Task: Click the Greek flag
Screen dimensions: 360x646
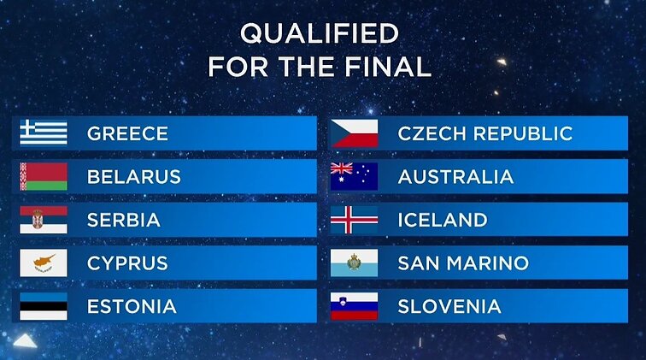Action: pos(44,133)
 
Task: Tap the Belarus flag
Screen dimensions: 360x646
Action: pos(44,176)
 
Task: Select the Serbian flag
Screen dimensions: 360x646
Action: pos(44,220)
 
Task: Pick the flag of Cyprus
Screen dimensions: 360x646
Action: pos(44,263)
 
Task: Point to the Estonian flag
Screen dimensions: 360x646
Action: pos(44,306)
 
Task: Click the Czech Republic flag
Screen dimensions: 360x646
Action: pos(355,133)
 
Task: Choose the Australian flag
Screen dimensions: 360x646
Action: pos(355,176)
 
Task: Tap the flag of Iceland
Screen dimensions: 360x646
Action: pos(355,220)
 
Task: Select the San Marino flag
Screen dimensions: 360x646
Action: pos(355,263)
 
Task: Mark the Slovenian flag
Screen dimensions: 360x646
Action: pos(355,306)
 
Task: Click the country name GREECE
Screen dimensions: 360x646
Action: pos(127,133)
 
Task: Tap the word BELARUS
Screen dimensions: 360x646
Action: pos(134,177)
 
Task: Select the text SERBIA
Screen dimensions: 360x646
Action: pos(124,220)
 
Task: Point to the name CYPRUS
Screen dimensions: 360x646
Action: pos(127,263)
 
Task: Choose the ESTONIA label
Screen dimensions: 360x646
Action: pos(132,306)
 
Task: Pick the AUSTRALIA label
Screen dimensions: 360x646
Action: pos(455,177)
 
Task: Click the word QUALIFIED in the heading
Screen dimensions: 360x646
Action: pos(320,33)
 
